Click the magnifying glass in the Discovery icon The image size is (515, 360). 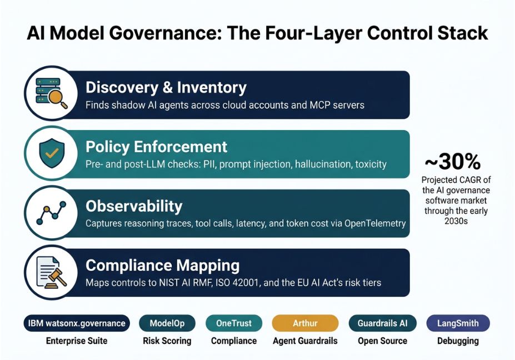pos(57,98)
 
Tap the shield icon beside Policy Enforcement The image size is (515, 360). pos(52,153)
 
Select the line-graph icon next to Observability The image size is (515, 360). pos(51,213)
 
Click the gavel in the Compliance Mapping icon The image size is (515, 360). pos(56,278)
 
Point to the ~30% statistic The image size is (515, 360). pos(453,162)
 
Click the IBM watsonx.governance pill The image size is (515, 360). pos(77,323)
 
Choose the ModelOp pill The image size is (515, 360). pos(167,323)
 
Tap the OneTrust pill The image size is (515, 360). pos(234,323)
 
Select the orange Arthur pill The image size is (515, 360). pos(305,323)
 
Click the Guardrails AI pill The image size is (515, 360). pos(382,323)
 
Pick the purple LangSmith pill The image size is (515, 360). pos(458,323)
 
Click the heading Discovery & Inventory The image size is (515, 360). pos(166,88)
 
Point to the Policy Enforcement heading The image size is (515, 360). pos(156,147)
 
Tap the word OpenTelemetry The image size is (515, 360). pos(375,224)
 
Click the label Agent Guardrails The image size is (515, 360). pos(305,341)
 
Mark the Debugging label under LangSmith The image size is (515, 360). pos(458,341)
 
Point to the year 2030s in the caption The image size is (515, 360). pos(456,221)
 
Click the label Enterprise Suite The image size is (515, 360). pos(77,341)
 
